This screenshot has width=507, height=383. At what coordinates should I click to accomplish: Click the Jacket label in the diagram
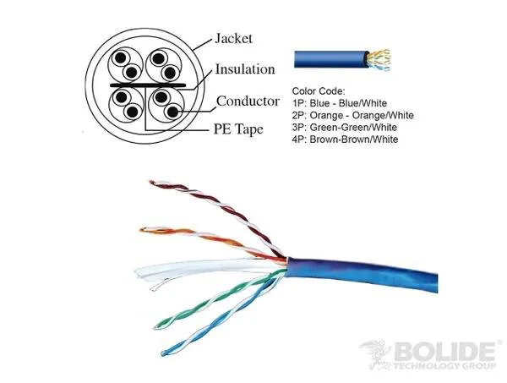point(233,39)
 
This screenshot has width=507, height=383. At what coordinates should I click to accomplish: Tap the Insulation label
point(245,69)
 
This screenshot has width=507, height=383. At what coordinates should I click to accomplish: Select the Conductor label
point(248,101)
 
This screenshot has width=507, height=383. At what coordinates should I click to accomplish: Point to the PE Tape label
point(238,129)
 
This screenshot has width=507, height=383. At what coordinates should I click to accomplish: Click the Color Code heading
point(319,91)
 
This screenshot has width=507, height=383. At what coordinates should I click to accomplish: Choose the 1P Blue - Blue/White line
point(340,103)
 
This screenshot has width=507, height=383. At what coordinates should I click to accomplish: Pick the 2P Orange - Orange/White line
point(352,115)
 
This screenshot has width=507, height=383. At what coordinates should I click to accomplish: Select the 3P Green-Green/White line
point(345,127)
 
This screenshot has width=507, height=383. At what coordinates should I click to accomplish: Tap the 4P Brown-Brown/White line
point(345,140)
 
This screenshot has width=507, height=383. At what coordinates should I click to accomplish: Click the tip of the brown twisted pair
point(150,182)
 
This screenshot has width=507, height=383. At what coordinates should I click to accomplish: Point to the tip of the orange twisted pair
point(141,230)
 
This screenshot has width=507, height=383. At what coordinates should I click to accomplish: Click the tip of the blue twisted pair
point(162,353)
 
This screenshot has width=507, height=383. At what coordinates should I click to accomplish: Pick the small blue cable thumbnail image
point(343,59)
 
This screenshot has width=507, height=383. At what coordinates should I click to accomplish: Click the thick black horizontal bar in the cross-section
point(148,85)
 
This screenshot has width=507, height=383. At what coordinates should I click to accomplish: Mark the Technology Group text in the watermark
point(444,366)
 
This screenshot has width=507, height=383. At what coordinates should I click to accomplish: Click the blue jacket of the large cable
point(363,274)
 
